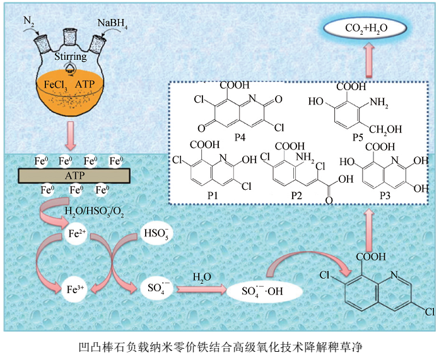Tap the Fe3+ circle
click(76, 290)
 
